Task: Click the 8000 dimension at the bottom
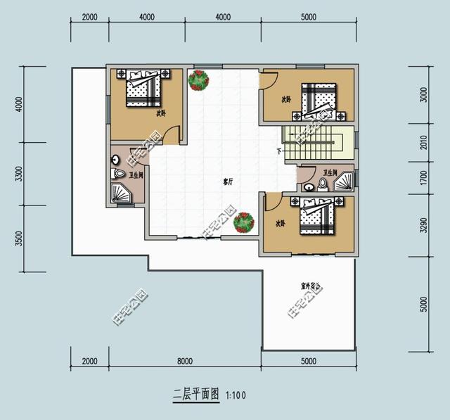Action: (x=184, y=361)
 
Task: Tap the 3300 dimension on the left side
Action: (x=19, y=173)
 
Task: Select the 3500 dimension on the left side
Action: (x=19, y=238)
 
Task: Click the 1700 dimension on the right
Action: (x=423, y=179)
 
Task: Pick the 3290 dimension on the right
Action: (x=423, y=225)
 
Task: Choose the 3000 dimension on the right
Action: (x=423, y=96)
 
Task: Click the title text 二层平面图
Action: (x=197, y=395)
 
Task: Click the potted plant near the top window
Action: (x=198, y=80)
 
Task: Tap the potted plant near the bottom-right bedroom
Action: (x=243, y=222)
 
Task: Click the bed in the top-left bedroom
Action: (x=144, y=88)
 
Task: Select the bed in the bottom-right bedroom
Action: (x=317, y=217)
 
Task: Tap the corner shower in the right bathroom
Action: (x=344, y=183)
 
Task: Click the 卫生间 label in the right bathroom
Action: (x=330, y=172)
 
